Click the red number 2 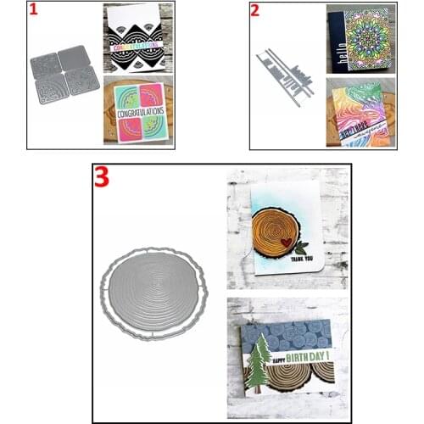[x=255, y=11]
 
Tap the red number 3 [x=103, y=178]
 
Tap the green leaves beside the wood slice [x=304, y=248]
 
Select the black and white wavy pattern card [x=138, y=38]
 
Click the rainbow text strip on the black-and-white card [x=138, y=47]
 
